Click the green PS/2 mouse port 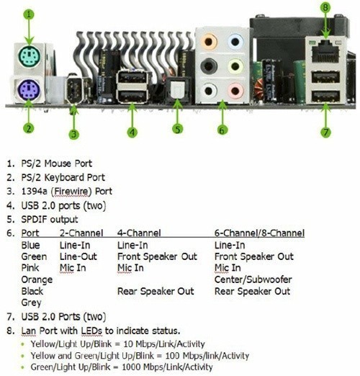click(29, 57)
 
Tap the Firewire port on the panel click(74, 89)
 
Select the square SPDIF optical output click(177, 90)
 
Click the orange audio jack click(209, 42)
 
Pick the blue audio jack click(235, 42)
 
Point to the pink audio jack click(235, 91)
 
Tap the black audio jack click(209, 66)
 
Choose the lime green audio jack click(235, 66)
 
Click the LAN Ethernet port click(325, 53)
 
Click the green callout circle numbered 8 click(325, 7)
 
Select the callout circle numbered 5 click(178, 129)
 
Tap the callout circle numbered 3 click(74, 134)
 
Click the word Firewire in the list click(71, 192)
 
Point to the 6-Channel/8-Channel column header click(259, 233)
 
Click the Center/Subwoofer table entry click(253, 279)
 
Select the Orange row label click(37, 279)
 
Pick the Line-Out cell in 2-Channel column click(78, 256)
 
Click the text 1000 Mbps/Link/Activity click(167, 367)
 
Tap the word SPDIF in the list click(35, 219)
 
